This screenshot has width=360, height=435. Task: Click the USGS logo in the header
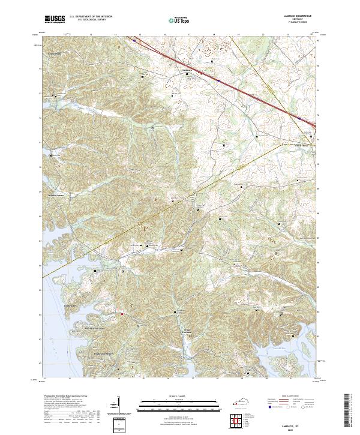(55, 19)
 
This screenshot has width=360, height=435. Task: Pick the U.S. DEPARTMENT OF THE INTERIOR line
(91, 17)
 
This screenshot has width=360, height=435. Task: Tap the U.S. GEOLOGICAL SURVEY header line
(91, 20)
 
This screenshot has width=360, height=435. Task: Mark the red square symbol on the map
(121, 313)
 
